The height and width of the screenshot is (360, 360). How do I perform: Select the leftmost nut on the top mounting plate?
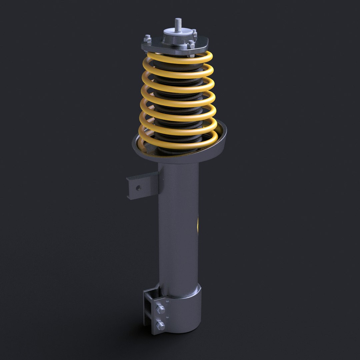coord(148,39)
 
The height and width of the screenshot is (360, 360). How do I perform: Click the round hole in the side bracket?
coord(138,188)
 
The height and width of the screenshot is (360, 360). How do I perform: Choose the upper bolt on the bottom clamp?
coord(160,309)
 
